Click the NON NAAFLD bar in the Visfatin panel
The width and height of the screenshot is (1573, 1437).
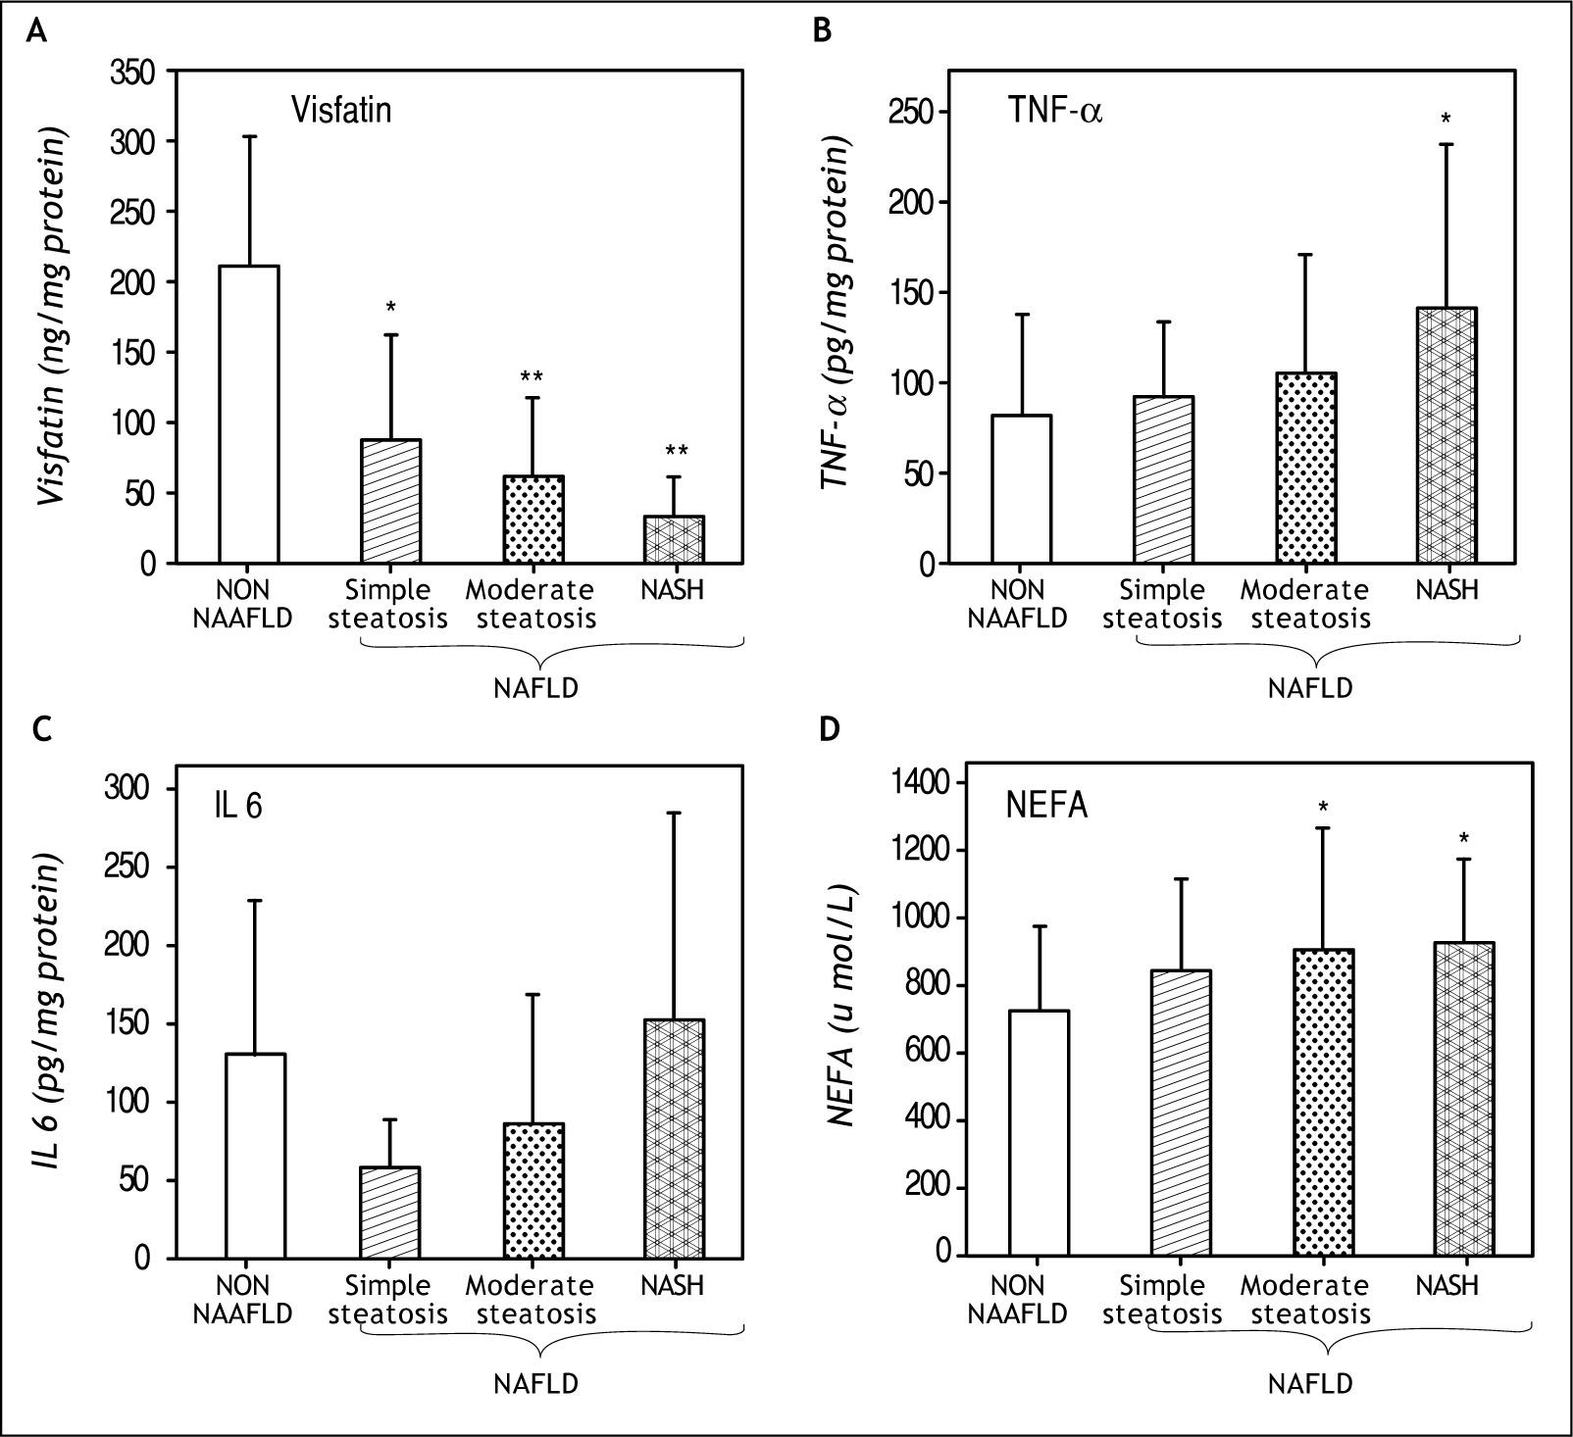point(249,415)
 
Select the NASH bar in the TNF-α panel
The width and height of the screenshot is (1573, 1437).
point(1446,436)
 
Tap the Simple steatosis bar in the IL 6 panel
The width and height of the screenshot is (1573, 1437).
point(390,1213)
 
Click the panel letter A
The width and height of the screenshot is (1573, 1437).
point(35,32)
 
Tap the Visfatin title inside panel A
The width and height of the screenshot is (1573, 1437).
point(340,109)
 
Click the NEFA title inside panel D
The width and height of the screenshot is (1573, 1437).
point(1045,807)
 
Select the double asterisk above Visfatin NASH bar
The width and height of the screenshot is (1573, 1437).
point(676,452)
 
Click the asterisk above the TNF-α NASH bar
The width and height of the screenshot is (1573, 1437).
point(1446,120)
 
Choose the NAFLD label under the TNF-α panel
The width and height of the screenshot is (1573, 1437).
point(1310,688)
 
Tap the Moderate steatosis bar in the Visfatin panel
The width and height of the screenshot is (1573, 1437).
point(533,520)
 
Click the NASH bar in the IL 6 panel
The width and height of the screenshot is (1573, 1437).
point(675,1139)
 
